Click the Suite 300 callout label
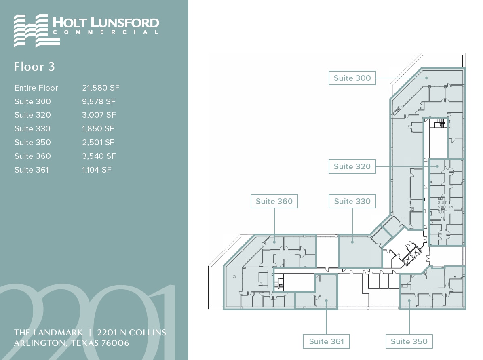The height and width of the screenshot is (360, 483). pyautogui.click(x=352, y=78)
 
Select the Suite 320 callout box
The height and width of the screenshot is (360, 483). pyautogui.click(x=352, y=166)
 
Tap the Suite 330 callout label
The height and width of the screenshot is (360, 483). pyautogui.click(x=352, y=201)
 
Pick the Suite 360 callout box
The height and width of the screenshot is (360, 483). pyautogui.click(x=274, y=201)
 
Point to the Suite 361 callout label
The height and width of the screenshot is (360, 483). pyautogui.click(x=326, y=341)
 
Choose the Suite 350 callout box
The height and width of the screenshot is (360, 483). pyautogui.click(x=409, y=341)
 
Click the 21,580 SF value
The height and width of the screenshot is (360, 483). pyautogui.click(x=101, y=88)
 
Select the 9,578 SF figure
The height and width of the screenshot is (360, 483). pyautogui.click(x=99, y=101)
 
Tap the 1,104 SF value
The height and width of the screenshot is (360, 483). pyautogui.click(x=97, y=170)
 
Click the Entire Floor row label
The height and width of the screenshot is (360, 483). pyautogui.click(x=36, y=88)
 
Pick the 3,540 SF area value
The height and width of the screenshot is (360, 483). pyautogui.click(x=99, y=156)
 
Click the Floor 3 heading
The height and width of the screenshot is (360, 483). pyautogui.click(x=34, y=66)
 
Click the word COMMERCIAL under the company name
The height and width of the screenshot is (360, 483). pyautogui.click(x=106, y=32)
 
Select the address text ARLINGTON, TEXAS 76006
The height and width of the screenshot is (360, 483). pyautogui.click(x=72, y=343)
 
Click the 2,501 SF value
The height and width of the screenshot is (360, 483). pyautogui.click(x=98, y=142)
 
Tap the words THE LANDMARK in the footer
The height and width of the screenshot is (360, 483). pyautogui.click(x=49, y=333)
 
